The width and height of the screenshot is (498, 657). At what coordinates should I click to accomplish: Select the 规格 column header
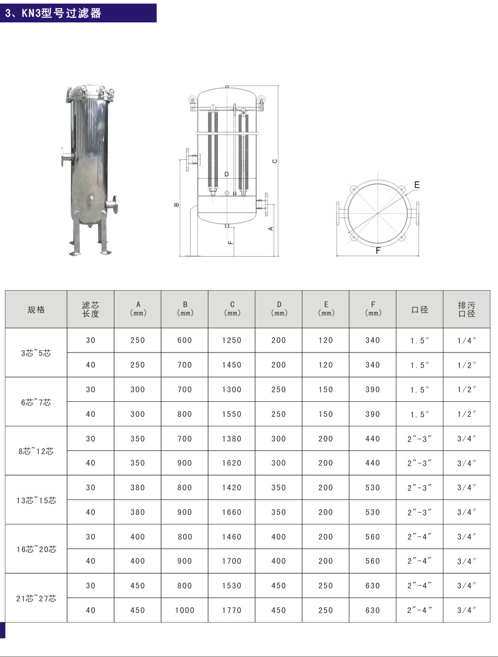(x=36, y=309)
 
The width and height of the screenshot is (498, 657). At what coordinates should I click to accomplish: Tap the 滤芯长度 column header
(x=90, y=309)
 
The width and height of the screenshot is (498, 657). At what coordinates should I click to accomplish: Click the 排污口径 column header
(x=466, y=309)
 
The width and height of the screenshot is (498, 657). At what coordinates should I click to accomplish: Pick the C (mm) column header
(x=232, y=309)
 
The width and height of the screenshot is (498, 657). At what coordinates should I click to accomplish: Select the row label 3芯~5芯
(x=36, y=353)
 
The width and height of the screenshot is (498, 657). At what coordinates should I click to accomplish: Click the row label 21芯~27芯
(x=36, y=598)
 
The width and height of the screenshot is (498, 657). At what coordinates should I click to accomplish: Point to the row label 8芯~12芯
(x=36, y=451)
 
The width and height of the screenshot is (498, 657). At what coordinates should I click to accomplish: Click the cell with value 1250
(x=232, y=340)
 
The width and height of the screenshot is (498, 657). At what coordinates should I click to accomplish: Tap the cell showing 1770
(x=232, y=610)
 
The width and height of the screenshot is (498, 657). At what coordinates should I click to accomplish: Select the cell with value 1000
(x=184, y=610)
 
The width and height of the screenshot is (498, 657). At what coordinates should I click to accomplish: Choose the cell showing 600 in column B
(x=184, y=340)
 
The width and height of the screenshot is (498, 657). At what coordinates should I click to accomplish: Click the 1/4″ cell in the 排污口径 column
(x=466, y=341)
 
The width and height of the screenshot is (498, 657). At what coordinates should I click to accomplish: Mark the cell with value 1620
(x=232, y=463)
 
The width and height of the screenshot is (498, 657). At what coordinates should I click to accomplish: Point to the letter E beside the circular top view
(x=417, y=185)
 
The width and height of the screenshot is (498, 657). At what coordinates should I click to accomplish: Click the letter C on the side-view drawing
(x=275, y=161)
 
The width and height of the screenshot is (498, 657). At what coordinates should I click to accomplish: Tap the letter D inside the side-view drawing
(x=227, y=174)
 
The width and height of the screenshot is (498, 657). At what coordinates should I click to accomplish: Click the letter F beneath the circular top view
(x=378, y=251)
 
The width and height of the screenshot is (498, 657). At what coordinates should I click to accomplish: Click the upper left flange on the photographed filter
(x=67, y=158)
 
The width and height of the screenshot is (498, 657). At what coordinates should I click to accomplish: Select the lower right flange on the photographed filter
(x=113, y=205)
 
